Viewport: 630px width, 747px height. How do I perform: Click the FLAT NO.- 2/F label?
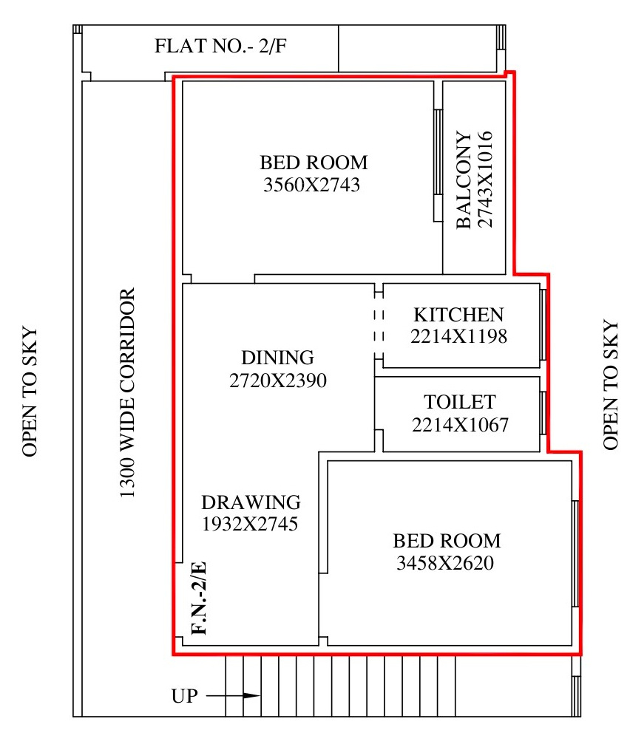click(220, 47)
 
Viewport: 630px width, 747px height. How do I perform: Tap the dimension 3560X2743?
click(311, 185)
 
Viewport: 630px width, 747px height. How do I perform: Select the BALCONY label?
click(464, 180)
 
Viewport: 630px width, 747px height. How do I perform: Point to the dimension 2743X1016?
click(484, 180)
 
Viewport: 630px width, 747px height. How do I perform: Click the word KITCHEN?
click(458, 315)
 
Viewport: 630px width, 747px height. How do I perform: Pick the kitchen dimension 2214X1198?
click(458, 336)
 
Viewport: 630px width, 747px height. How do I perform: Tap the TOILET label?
click(460, 402)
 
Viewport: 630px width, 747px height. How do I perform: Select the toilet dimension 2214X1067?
click(460, 424)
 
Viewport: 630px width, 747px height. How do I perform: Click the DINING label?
click(277, 358)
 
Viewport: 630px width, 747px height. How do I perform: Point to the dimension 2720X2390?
click(278, 381)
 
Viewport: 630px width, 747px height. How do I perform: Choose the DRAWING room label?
click(251, 502)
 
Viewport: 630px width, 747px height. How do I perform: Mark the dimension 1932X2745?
click(250, 524)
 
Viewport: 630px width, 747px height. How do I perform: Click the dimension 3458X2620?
click(445, 563)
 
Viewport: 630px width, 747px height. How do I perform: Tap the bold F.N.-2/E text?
click(199, 598)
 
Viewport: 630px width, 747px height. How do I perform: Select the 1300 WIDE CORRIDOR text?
click(127, 393)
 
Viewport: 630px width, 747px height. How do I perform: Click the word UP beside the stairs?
click(185, 696)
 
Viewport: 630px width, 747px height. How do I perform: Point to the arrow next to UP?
click(233, 695)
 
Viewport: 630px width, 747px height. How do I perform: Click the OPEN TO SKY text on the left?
click(30, 392)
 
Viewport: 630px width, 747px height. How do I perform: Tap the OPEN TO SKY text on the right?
click(611, 385)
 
